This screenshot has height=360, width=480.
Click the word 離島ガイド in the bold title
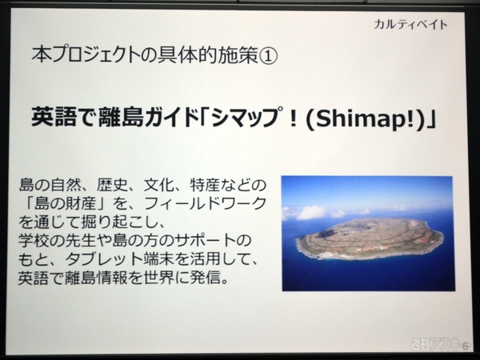coord(143,119)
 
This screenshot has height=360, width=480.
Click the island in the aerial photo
coord(369,238)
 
